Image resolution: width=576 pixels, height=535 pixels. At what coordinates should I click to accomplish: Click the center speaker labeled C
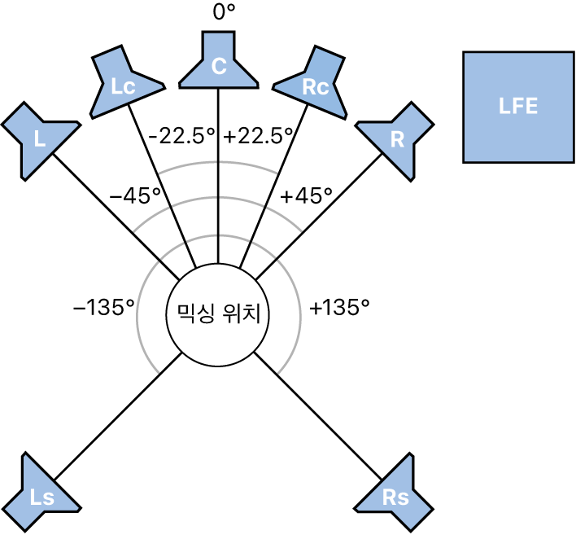point(219,65)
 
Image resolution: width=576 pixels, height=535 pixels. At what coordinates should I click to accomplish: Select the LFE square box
point(518,107)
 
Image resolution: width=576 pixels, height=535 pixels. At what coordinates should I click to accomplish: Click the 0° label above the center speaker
point(224,12)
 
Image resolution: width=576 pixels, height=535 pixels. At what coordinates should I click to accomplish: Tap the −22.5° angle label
point(181,137)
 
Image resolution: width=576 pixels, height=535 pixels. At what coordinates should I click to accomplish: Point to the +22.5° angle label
point(259,137)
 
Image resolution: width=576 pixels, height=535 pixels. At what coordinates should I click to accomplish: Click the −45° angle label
point(136,195)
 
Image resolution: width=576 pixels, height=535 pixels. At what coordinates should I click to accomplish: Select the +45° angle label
point(306,195)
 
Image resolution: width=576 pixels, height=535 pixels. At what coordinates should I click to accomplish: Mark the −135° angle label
point(104,307)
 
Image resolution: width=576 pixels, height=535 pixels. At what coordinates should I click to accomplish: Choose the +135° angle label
point(339,307)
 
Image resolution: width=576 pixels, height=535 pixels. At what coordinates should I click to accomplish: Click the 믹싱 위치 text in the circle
point(219,315)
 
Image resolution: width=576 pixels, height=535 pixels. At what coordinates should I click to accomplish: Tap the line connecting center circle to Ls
point(117,416)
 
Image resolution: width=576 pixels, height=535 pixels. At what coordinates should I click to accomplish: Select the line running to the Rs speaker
point(318,416)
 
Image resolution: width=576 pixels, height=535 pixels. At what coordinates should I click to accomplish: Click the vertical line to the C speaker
point(219,176)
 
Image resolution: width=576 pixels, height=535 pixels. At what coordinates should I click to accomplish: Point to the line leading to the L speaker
point(116,217)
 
